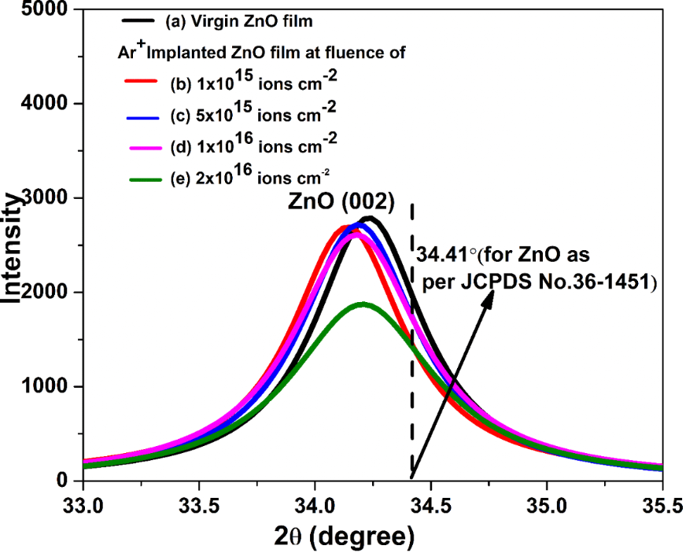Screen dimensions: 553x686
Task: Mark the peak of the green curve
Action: [362, 304]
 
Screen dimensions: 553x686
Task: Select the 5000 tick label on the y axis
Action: [46, 10]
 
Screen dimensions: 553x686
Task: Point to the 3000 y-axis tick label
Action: [46, 198]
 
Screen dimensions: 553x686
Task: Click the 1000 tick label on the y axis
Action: [46, 387]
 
